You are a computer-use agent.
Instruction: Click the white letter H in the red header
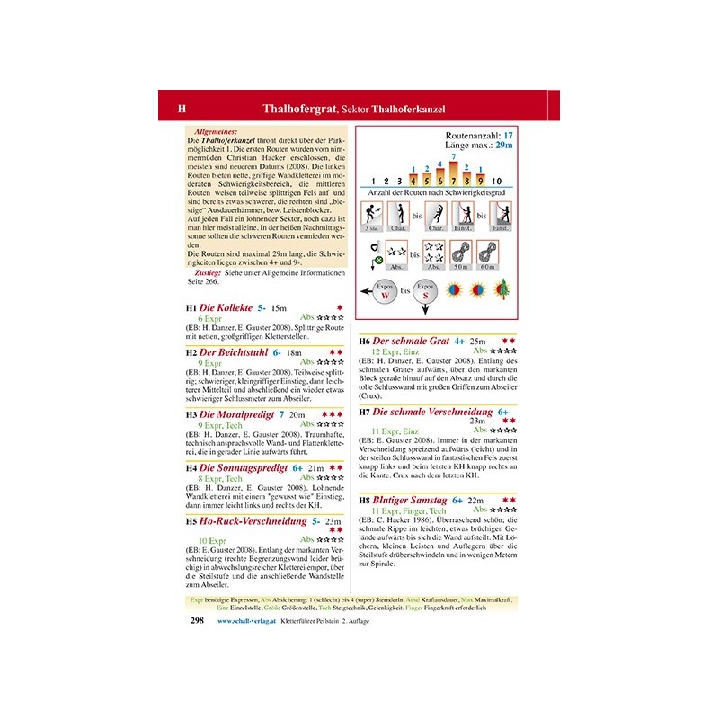click(x=182, y=110)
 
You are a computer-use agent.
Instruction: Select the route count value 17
click(x=508, y=135)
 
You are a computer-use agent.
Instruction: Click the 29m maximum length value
click(x=504, y=145)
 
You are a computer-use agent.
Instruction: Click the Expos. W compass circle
click(x=385, y=293)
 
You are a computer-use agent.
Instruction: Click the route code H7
click(x=364, y=412)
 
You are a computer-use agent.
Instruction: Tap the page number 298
click(x=198, y=620)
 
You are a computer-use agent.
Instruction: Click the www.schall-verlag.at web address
click(x=246, y=621)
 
